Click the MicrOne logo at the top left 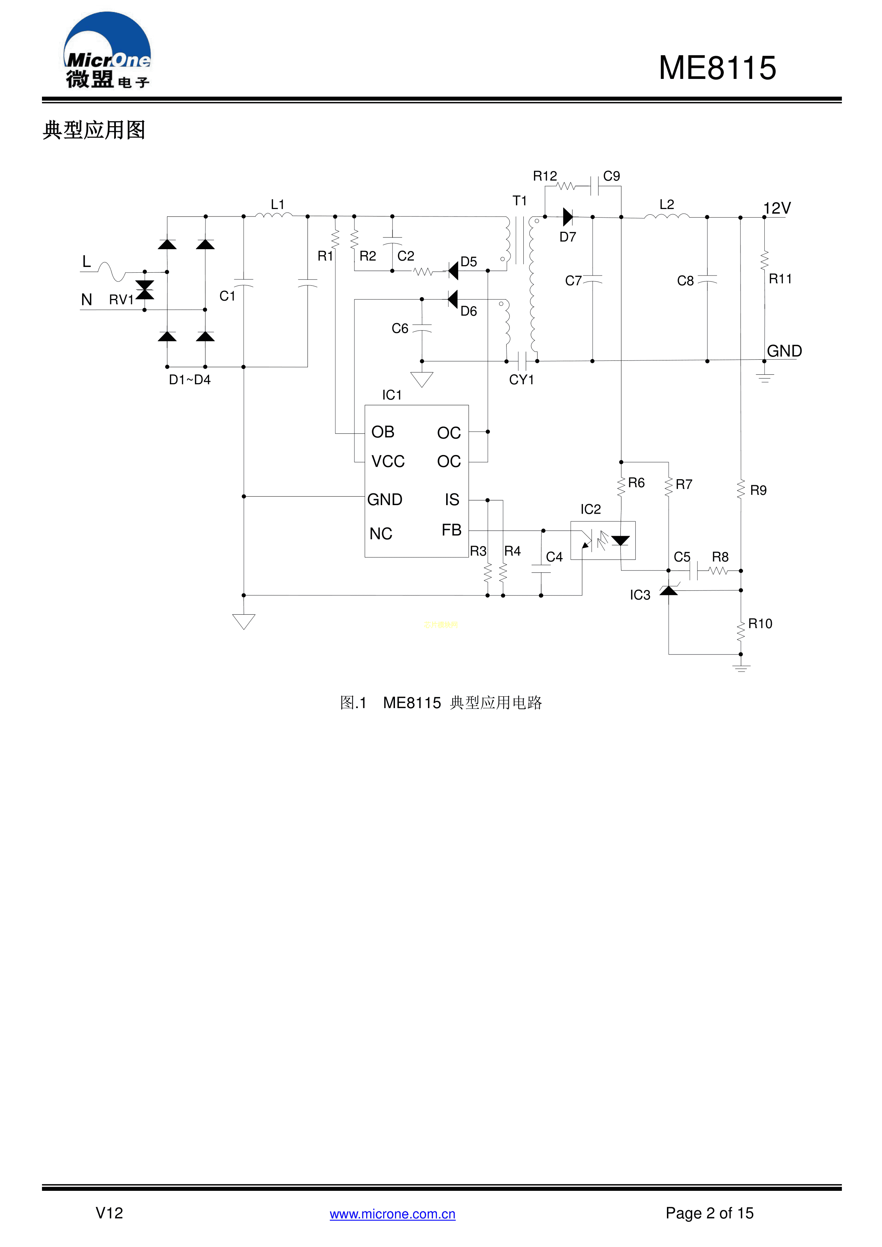(x=107, y=50)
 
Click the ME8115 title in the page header (x=717, y=69)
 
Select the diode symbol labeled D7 (x=568, y=217)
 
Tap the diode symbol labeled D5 (x=453, y=271)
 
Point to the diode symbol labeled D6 (x=453, y=299)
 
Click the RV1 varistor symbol (x=144, y=290)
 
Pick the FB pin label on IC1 (x=451, y=530)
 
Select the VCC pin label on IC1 (x=388, y=462)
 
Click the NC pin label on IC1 (x=381, y=534)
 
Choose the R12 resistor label (x=545, y=176)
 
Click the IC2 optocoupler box (x=603, y=540)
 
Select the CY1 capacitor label (x=522, y=380)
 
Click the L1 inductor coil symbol (x=274, y=216)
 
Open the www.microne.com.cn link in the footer (x=392, y=1214)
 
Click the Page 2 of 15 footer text (x=709, y=1213)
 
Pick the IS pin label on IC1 (x=452, y=500)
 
